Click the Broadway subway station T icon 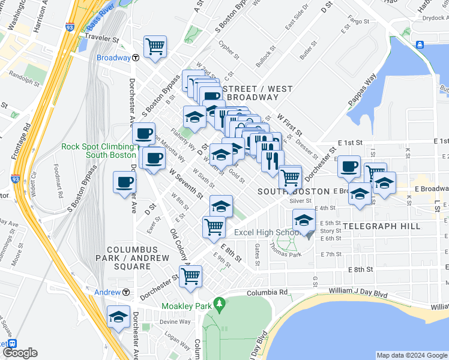click(136, 58)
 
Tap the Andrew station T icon click(127, 292)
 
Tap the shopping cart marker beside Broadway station click(155, 46)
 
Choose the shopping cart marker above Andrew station click(191, 277)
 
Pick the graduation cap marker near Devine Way click(118, 316)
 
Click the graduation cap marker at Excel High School click(304, 221)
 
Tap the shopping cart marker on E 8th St click(214, 227)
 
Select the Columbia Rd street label click(267, 292)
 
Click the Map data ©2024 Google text click(411, 355)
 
